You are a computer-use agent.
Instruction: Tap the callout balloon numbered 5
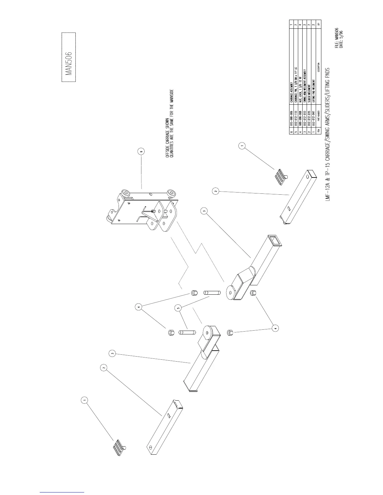click(x=178, y=308)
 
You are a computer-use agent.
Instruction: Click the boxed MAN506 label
click(x=69, y=57)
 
